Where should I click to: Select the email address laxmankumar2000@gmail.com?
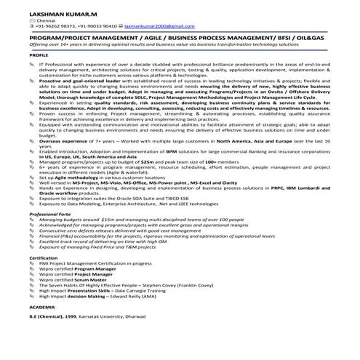pyautogui.click(x=161, y=28)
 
